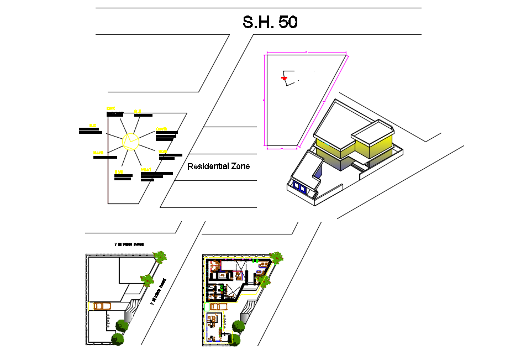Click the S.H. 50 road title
point(270,22)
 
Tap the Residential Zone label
point(218,166)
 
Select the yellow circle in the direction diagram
point(131,141)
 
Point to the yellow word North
point(111,108)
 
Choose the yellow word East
point(162,151)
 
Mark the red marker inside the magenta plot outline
point(285,79)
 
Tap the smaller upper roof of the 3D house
point(371,133)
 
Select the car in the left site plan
point(102,305)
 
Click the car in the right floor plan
point(219,306)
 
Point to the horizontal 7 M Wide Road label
point(129,243)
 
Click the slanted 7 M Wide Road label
point(159,291)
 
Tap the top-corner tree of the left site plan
point(160,257)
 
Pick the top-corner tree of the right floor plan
point(276,257)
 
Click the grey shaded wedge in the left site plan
point(129,315)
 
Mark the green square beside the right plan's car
point(207,306)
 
